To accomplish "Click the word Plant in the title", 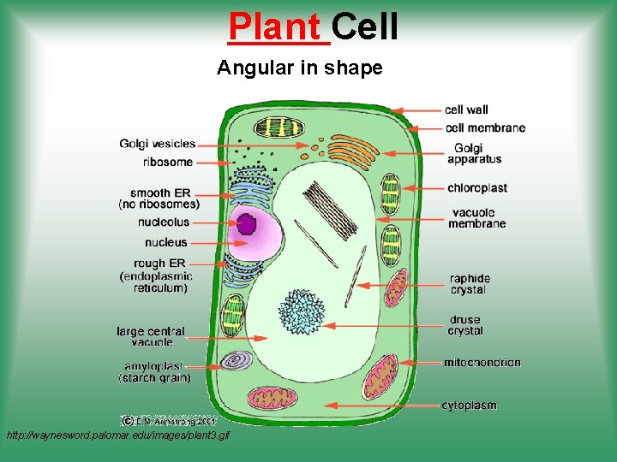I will [x=279, y=27].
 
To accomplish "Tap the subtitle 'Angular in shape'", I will [x=300, y=68].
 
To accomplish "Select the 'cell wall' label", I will [x=466, y=110].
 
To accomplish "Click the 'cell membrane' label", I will [x=485, y=128].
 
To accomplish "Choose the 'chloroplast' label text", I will [x=477, y=187].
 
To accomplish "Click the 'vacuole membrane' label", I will [x=476, y=217].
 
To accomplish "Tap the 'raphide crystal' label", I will [x=470, y=284].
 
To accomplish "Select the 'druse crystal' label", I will [x=465, y=325].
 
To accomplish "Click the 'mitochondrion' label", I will [x=482, y=363].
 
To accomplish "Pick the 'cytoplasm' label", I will [x=469, y=405].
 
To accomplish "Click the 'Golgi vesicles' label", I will [x=157, y=144].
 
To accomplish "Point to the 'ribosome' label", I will [x=168, y=162].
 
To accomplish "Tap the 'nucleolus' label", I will [x=163, y=222].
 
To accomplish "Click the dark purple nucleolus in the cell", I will [x=247, y=225].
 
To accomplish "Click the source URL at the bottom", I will [x=117, y=436].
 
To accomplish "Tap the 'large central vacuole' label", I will [x=151, y=336].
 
